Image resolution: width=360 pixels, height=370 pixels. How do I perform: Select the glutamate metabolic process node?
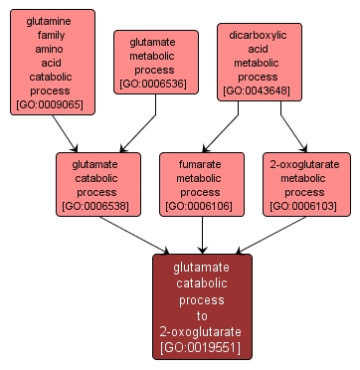(155, 62)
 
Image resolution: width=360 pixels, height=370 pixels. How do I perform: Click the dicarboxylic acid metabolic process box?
(258, 62)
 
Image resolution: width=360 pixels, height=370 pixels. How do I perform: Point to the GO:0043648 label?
(258, 91)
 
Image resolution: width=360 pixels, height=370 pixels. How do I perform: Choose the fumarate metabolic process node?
(202, 184)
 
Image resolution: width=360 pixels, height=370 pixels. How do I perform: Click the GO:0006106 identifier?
(202, 206)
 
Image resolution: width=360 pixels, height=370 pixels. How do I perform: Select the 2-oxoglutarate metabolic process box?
(306, 184)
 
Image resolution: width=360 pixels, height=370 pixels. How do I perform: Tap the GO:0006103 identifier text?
(306, 206)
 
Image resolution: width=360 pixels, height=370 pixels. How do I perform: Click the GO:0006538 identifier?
(95, 206)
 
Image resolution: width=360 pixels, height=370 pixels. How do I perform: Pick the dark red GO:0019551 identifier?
(202, 347)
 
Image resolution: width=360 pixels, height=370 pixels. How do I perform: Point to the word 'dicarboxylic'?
(258, 34)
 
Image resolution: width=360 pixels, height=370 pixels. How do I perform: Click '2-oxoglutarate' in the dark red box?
(202, 330)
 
